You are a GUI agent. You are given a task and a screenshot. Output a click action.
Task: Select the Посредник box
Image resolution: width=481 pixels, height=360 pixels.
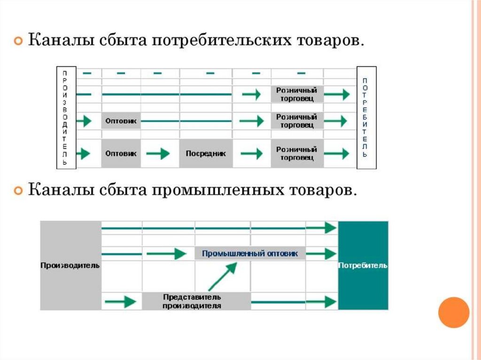(206, 153)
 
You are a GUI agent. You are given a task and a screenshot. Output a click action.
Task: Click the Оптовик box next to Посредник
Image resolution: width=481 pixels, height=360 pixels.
(121, 153)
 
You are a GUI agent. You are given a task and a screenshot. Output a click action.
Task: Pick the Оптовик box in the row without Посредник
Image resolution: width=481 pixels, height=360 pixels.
(121, 121)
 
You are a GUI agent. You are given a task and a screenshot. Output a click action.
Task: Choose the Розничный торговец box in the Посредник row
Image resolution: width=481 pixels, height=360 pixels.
(297, 153)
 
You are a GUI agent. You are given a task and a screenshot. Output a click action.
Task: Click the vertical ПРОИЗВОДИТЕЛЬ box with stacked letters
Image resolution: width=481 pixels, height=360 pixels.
(65, 117)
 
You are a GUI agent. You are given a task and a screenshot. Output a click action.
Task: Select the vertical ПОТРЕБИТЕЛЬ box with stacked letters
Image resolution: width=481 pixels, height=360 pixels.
(366, 117)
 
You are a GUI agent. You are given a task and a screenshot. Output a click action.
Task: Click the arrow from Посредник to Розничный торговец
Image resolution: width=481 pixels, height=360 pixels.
(252, 153)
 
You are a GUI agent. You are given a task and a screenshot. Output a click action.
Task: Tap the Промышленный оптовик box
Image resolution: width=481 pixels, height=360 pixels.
(250, 253)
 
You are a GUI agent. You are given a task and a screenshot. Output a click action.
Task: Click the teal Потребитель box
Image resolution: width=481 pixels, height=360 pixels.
(363, 266)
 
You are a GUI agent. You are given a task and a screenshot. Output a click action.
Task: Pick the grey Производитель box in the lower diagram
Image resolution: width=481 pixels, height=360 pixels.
(70, 266)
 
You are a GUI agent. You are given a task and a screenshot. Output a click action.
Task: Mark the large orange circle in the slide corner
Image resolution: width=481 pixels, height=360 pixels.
(453, 313)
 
